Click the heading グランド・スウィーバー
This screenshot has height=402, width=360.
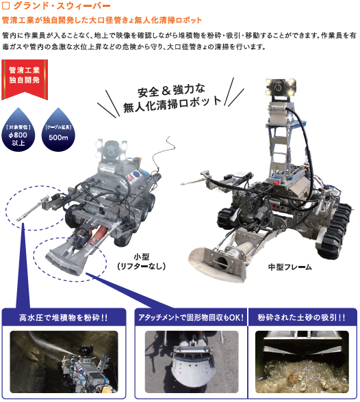point(62,5)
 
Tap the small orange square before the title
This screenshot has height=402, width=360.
point(5,5)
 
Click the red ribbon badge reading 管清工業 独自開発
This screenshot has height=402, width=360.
point(25,79)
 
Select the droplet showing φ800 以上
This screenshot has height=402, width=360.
point(18,130)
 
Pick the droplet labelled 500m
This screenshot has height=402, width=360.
point(58,130)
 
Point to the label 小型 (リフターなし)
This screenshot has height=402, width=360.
point(142,261)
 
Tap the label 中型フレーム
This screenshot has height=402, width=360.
point(290,267)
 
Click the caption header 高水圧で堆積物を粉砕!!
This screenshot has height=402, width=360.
point(64,318)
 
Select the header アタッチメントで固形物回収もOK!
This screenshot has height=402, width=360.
point(191,318)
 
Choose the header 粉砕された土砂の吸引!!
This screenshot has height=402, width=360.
point(302,318)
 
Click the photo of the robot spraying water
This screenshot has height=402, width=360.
point(64,362)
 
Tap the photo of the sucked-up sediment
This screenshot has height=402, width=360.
point(302,362)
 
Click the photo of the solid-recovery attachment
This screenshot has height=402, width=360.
point(192,362)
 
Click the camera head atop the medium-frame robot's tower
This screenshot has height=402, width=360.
point(280,88)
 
